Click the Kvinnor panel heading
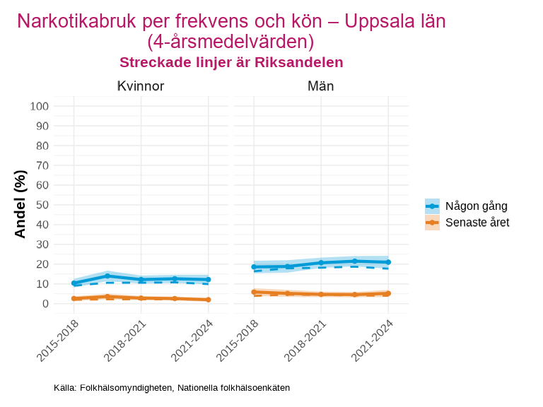(141, 86)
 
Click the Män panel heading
(321, 86)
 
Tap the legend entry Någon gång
(476, 206)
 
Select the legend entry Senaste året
(477, 223)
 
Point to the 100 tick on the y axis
(39, 107)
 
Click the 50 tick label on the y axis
(42, 205)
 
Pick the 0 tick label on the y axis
(45, 304)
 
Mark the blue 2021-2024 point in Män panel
(388, 262)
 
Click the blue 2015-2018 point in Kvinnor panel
(74, 283)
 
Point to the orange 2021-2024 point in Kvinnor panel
(208, 300)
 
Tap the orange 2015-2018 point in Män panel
(254, 292)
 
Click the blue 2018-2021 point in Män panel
(321, 263)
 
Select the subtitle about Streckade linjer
(231, 62)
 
